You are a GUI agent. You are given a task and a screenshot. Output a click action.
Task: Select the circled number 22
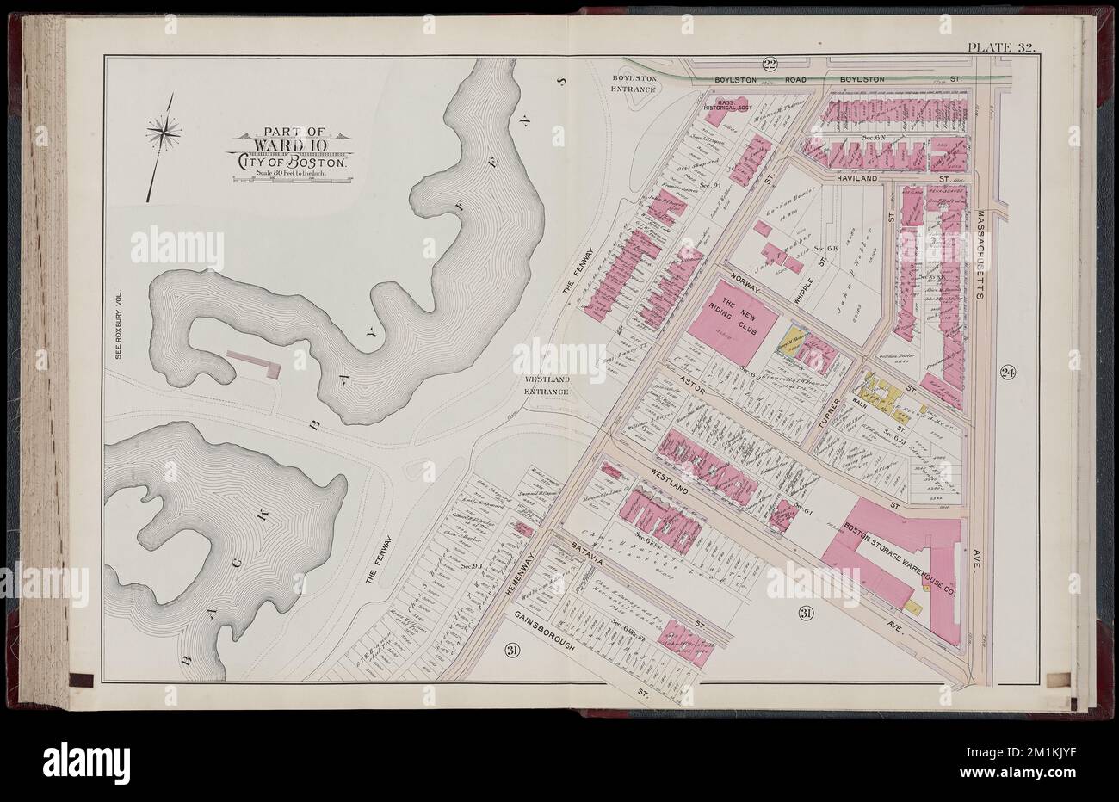pos(770,64)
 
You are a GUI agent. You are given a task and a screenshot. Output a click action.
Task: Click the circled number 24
pos(1009,373)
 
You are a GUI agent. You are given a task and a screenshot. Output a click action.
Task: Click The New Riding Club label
pos(739,315)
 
